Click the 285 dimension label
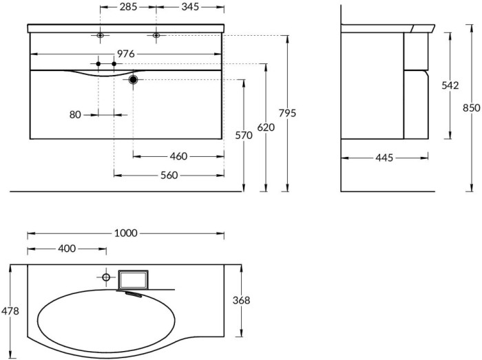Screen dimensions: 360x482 128,7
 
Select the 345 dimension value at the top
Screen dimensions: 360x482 189,7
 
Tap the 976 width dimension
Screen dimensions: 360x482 126,53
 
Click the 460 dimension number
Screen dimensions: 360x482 178,156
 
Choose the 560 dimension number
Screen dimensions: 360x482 169,175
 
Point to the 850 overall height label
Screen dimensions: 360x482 471,108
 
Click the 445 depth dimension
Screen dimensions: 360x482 384,158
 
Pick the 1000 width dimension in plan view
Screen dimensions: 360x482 125,233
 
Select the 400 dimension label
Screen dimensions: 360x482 67,248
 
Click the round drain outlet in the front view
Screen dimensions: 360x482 133,80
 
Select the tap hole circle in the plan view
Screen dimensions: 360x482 106,277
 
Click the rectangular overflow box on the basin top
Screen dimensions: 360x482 133,279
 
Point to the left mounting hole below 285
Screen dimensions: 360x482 101,35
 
